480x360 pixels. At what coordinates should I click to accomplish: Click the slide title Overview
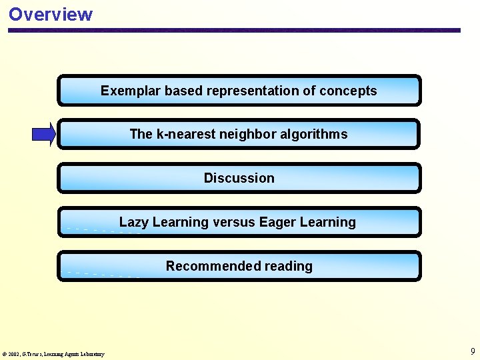51,14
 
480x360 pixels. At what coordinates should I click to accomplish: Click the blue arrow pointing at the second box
44,135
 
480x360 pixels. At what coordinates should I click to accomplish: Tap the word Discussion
239,178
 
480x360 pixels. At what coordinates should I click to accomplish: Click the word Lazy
133,222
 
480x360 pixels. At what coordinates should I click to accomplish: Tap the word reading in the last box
288,266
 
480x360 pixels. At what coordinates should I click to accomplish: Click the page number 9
473,351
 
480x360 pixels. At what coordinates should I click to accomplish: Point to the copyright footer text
53,354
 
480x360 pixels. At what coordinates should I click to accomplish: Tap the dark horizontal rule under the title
233,30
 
